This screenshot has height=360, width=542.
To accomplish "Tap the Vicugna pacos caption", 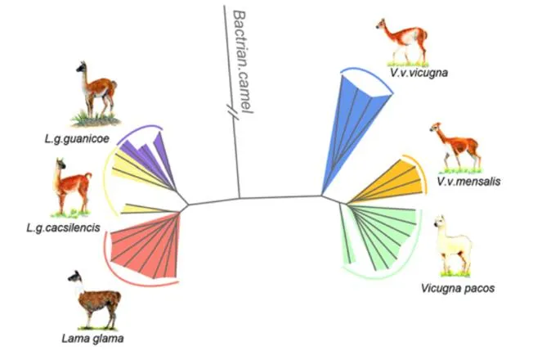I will tap(447, 287).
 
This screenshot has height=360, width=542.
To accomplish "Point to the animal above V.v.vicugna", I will tap(402, 41).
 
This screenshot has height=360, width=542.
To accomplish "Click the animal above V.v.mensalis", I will tap(451, 146).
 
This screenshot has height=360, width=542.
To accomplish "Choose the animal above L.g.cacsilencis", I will tap(69, 187).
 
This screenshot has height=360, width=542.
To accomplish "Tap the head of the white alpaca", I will tap(441, 223).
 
